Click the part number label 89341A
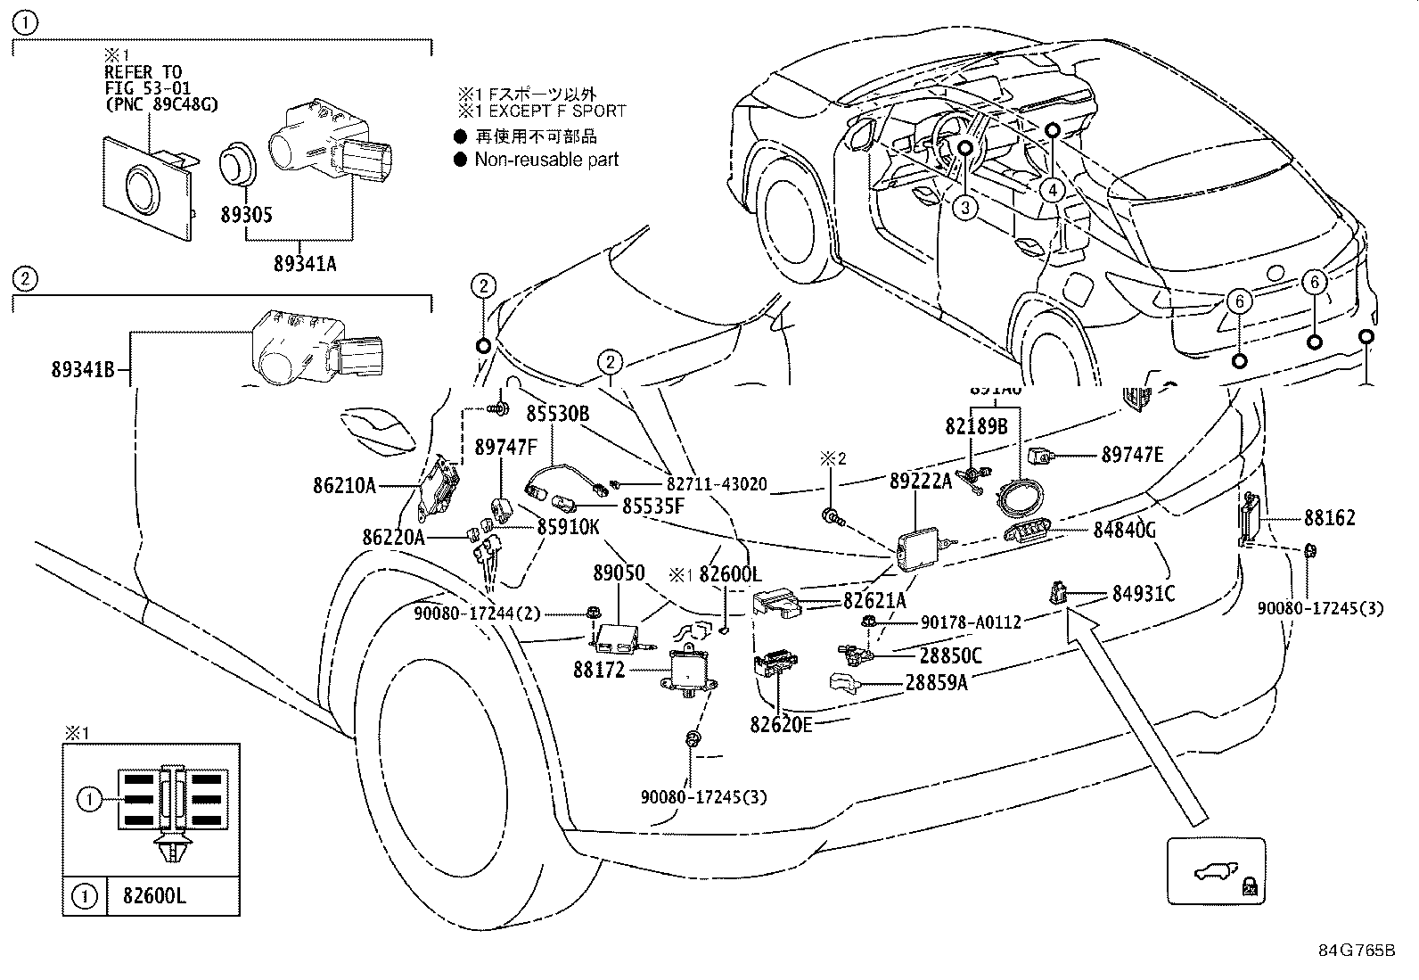point(306,264)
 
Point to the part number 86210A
point(344,486)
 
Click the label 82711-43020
point(717,483)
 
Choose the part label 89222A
point(921,482)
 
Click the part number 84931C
point(1144,593)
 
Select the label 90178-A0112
point(970,622)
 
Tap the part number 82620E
point(781,725)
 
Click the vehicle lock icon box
point(1216,871)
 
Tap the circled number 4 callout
point(1052,190)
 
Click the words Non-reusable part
point(546,160)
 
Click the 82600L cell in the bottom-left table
point(147,895)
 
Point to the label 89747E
point(1132,455)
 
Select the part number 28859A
point(936,682)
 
